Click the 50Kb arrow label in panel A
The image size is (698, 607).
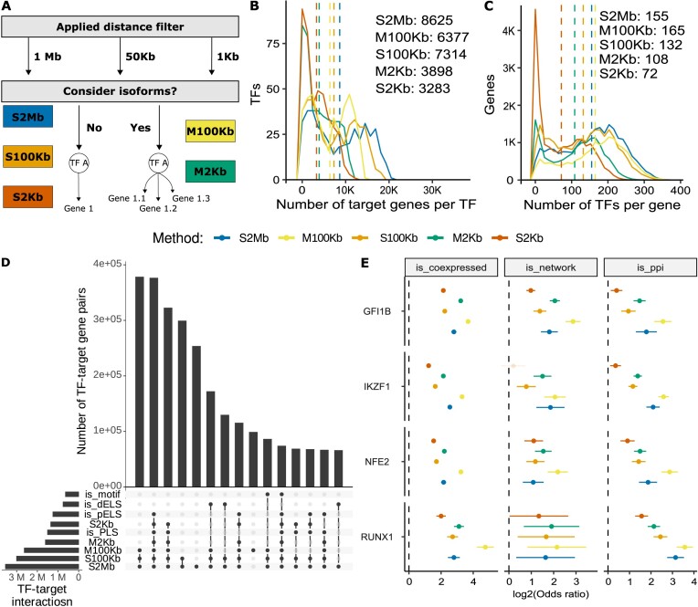point(140,58)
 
